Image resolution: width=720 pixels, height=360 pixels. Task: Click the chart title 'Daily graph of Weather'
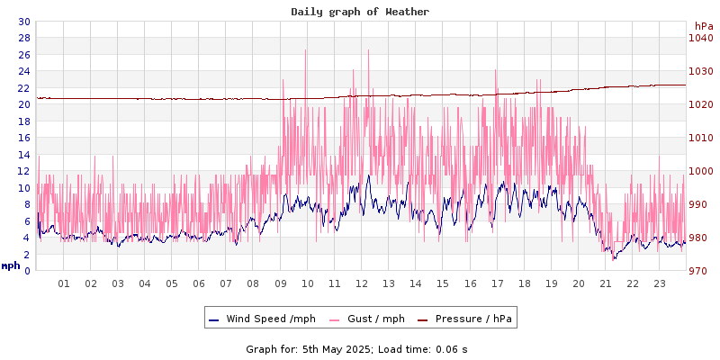[359, 12]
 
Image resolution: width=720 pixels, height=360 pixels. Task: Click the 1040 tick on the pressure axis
[700, 38]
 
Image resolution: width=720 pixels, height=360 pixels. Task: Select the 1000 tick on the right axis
[700, 171]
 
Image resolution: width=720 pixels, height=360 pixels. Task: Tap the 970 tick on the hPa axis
[700, 271]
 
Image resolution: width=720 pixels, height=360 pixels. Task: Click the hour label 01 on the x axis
[64, 283]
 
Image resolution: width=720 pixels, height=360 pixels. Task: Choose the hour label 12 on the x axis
[362, 283]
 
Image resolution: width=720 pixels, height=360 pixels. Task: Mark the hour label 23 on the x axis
[660, 283]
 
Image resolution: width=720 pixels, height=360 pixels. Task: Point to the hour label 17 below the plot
[497, 283]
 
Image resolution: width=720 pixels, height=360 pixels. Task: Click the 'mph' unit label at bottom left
[11, 265]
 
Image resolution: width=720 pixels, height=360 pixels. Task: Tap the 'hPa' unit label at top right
[703, 26]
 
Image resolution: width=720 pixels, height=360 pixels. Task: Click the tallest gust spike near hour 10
[306, 49]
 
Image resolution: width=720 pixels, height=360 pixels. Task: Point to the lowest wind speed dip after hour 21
[615, 259]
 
